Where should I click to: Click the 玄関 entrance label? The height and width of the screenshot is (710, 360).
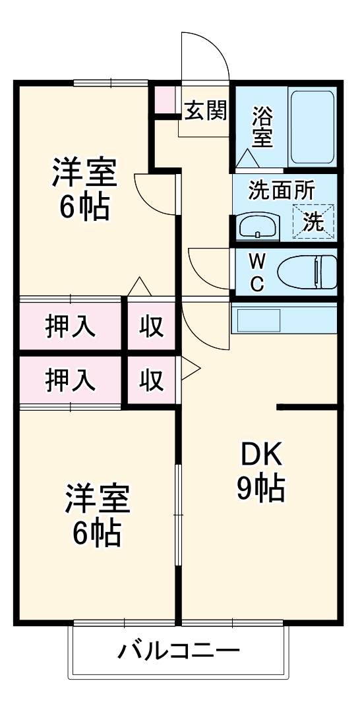pos(205,111)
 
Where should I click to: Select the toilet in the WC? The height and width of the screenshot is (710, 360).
pos(307,272)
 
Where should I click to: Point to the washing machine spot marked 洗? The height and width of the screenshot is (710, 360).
pos(314,222)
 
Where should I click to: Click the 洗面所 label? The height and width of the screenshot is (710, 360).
pos(282,191)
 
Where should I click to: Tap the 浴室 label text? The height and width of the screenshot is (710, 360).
pos(262,127)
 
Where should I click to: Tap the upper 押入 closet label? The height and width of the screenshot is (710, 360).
pos(71,326)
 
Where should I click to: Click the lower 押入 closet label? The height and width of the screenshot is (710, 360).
pos(71,380)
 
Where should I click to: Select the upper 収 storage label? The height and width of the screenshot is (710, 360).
pos(151,326)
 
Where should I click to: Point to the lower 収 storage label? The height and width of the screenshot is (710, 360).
pos(151,380)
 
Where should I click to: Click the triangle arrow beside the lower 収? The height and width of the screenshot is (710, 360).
pos(189,369)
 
